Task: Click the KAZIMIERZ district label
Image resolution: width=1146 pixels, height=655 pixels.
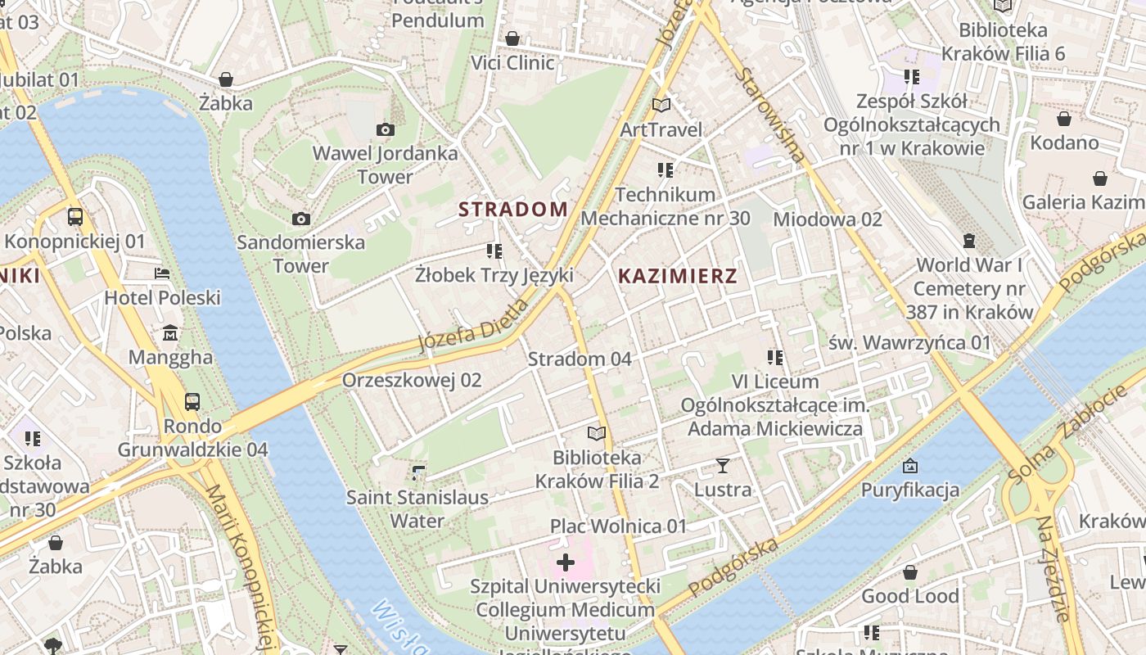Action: point(678,276)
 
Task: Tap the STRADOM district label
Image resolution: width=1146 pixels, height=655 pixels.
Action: point(513,210)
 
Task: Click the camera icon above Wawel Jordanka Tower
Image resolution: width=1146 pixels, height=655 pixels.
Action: point(385,129)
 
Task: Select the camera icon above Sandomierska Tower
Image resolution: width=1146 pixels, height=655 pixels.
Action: point(301,219)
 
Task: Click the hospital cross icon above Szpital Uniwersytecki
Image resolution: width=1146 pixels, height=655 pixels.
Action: point(565,562)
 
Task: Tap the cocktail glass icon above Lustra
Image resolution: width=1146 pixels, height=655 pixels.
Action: point(722,466)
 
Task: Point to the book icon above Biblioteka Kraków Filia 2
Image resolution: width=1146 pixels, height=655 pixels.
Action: point(597,433)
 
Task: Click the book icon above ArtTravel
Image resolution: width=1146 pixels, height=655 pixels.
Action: point(661,105)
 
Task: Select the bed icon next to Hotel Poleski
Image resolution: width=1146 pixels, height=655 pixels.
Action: point(162,273)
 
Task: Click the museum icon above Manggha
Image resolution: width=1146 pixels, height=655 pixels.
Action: point(170,333)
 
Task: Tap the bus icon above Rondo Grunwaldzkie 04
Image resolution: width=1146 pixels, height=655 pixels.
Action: point(192,402)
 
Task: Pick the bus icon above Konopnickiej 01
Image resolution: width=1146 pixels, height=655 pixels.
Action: point(75,217)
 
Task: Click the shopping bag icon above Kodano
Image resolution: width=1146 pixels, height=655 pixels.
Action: point(1063,119)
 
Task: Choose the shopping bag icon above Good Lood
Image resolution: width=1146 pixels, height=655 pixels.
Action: point(909,572)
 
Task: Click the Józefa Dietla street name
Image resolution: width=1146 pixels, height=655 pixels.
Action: point(473,326)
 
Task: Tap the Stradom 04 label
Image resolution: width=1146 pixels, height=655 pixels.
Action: point(580,359)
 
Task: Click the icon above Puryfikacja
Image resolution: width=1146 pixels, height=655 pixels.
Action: point(909,466)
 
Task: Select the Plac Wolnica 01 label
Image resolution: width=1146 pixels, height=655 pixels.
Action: point(618,526)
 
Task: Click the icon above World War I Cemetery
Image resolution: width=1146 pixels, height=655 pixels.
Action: point(969,241)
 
